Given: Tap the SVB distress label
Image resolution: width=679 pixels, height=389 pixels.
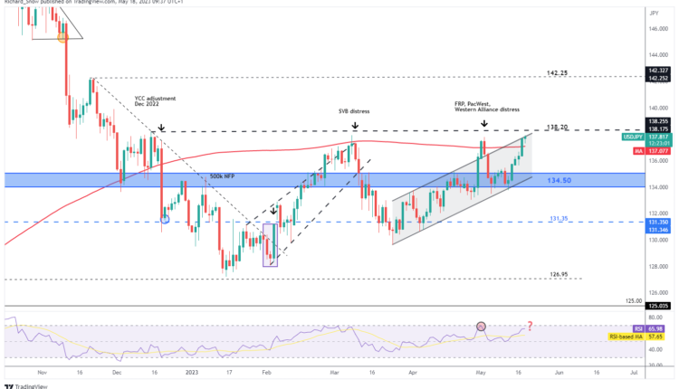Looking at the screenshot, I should pyautogui.click(x=355, y=112).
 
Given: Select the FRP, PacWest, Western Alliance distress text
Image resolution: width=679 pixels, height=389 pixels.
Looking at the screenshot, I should pyautogui.click(x=487, y=107).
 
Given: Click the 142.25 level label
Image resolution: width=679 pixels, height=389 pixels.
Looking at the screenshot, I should pyautogui.click(x=558, y=72).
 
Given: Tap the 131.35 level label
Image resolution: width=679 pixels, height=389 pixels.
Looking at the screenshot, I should pyautogui.click(x=558, y=218).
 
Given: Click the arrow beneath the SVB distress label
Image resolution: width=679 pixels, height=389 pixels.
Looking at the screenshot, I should pyautogui.click(x=355, y=126).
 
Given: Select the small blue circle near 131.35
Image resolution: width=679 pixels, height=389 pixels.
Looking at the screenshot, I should pyautogui.click(x=164, y=218).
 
